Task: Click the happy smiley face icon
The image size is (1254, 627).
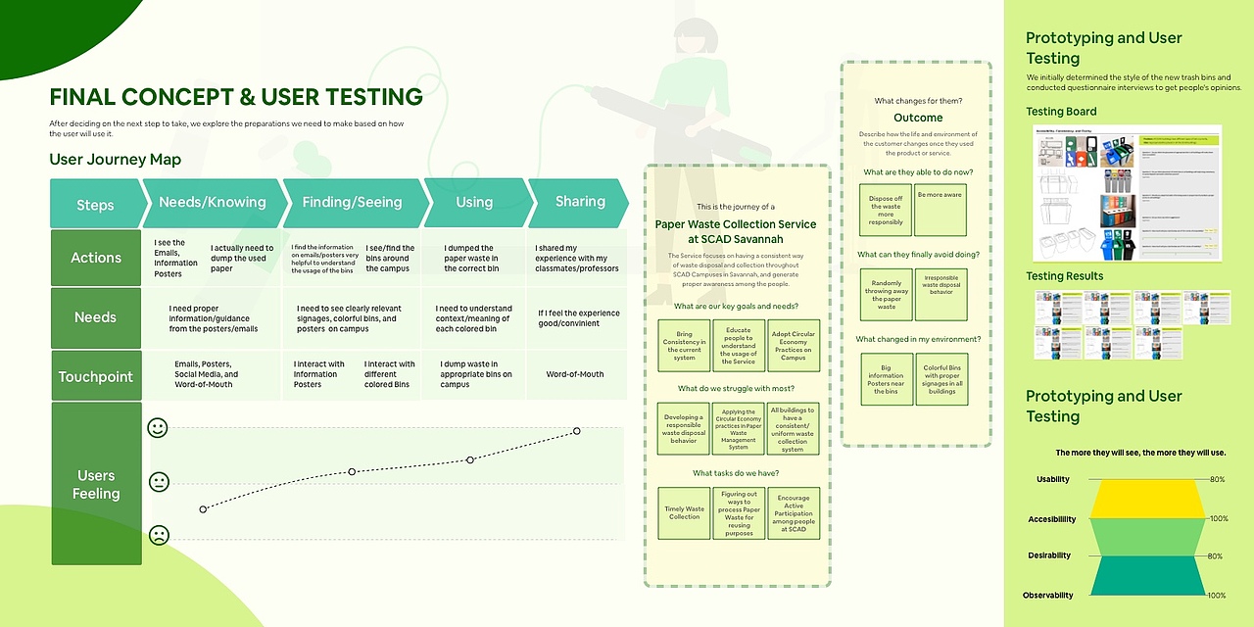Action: (x=157, y=428)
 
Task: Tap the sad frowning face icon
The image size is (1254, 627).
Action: (x=158, y=535)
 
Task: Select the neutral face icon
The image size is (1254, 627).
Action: (x=158, y=482)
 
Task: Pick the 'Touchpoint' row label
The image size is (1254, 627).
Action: (x=96, y=376)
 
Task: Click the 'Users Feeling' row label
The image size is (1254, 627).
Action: (x=96, y=484)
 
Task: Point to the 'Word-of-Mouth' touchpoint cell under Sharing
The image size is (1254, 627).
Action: (x=575, y=374)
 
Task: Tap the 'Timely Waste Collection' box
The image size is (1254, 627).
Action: (x=684, y=513)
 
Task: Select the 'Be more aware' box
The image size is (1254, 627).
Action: (x=940, y=209)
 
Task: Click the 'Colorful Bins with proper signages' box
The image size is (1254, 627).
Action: (x=940, y=379)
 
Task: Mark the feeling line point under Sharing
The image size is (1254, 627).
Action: (x=577, y=431)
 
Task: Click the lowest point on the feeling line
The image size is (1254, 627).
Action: (x=203, y=509)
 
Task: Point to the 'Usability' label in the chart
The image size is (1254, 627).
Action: (x=1053, y=479)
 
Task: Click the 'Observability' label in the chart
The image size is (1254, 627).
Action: (x=1048, y=595)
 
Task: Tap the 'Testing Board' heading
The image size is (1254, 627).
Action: (x=1061, y=112)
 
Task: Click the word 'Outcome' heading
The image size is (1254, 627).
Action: (x=918, y=118)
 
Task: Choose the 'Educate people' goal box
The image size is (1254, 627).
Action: (x=739, y=345)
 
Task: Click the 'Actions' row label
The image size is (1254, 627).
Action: (x=96, y=258)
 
